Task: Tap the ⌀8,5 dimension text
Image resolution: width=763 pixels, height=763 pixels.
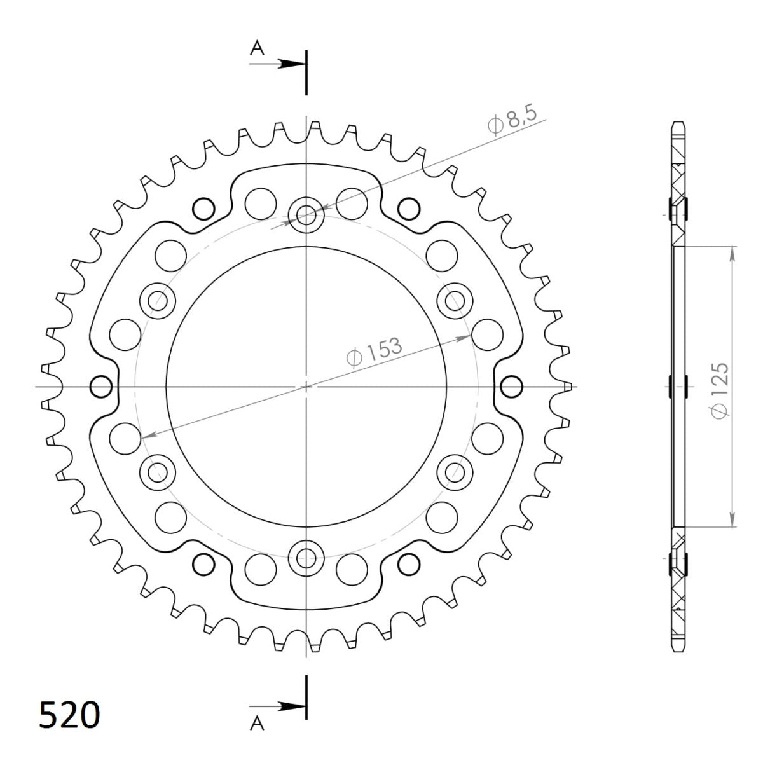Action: click(x=513, y=120)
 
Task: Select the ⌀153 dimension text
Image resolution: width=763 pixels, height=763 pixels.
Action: click(x=375, y=352)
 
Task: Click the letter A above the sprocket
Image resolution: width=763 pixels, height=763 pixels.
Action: click(x=256, y=49)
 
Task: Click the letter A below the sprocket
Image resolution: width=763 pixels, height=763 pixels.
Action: click(x=256, y=724)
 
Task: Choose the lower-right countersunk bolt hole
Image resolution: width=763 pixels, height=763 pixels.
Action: click(x=455, y=472)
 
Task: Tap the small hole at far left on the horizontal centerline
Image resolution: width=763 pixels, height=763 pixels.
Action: click(x=101, y=386)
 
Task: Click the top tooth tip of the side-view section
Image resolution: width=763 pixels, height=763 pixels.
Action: click(x=678, y=122)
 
